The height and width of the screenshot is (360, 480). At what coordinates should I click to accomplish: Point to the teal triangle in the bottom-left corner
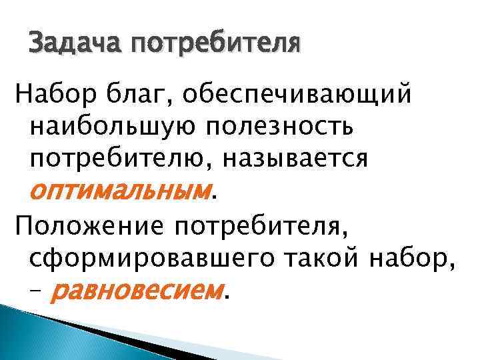click(x=27, y=333)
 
